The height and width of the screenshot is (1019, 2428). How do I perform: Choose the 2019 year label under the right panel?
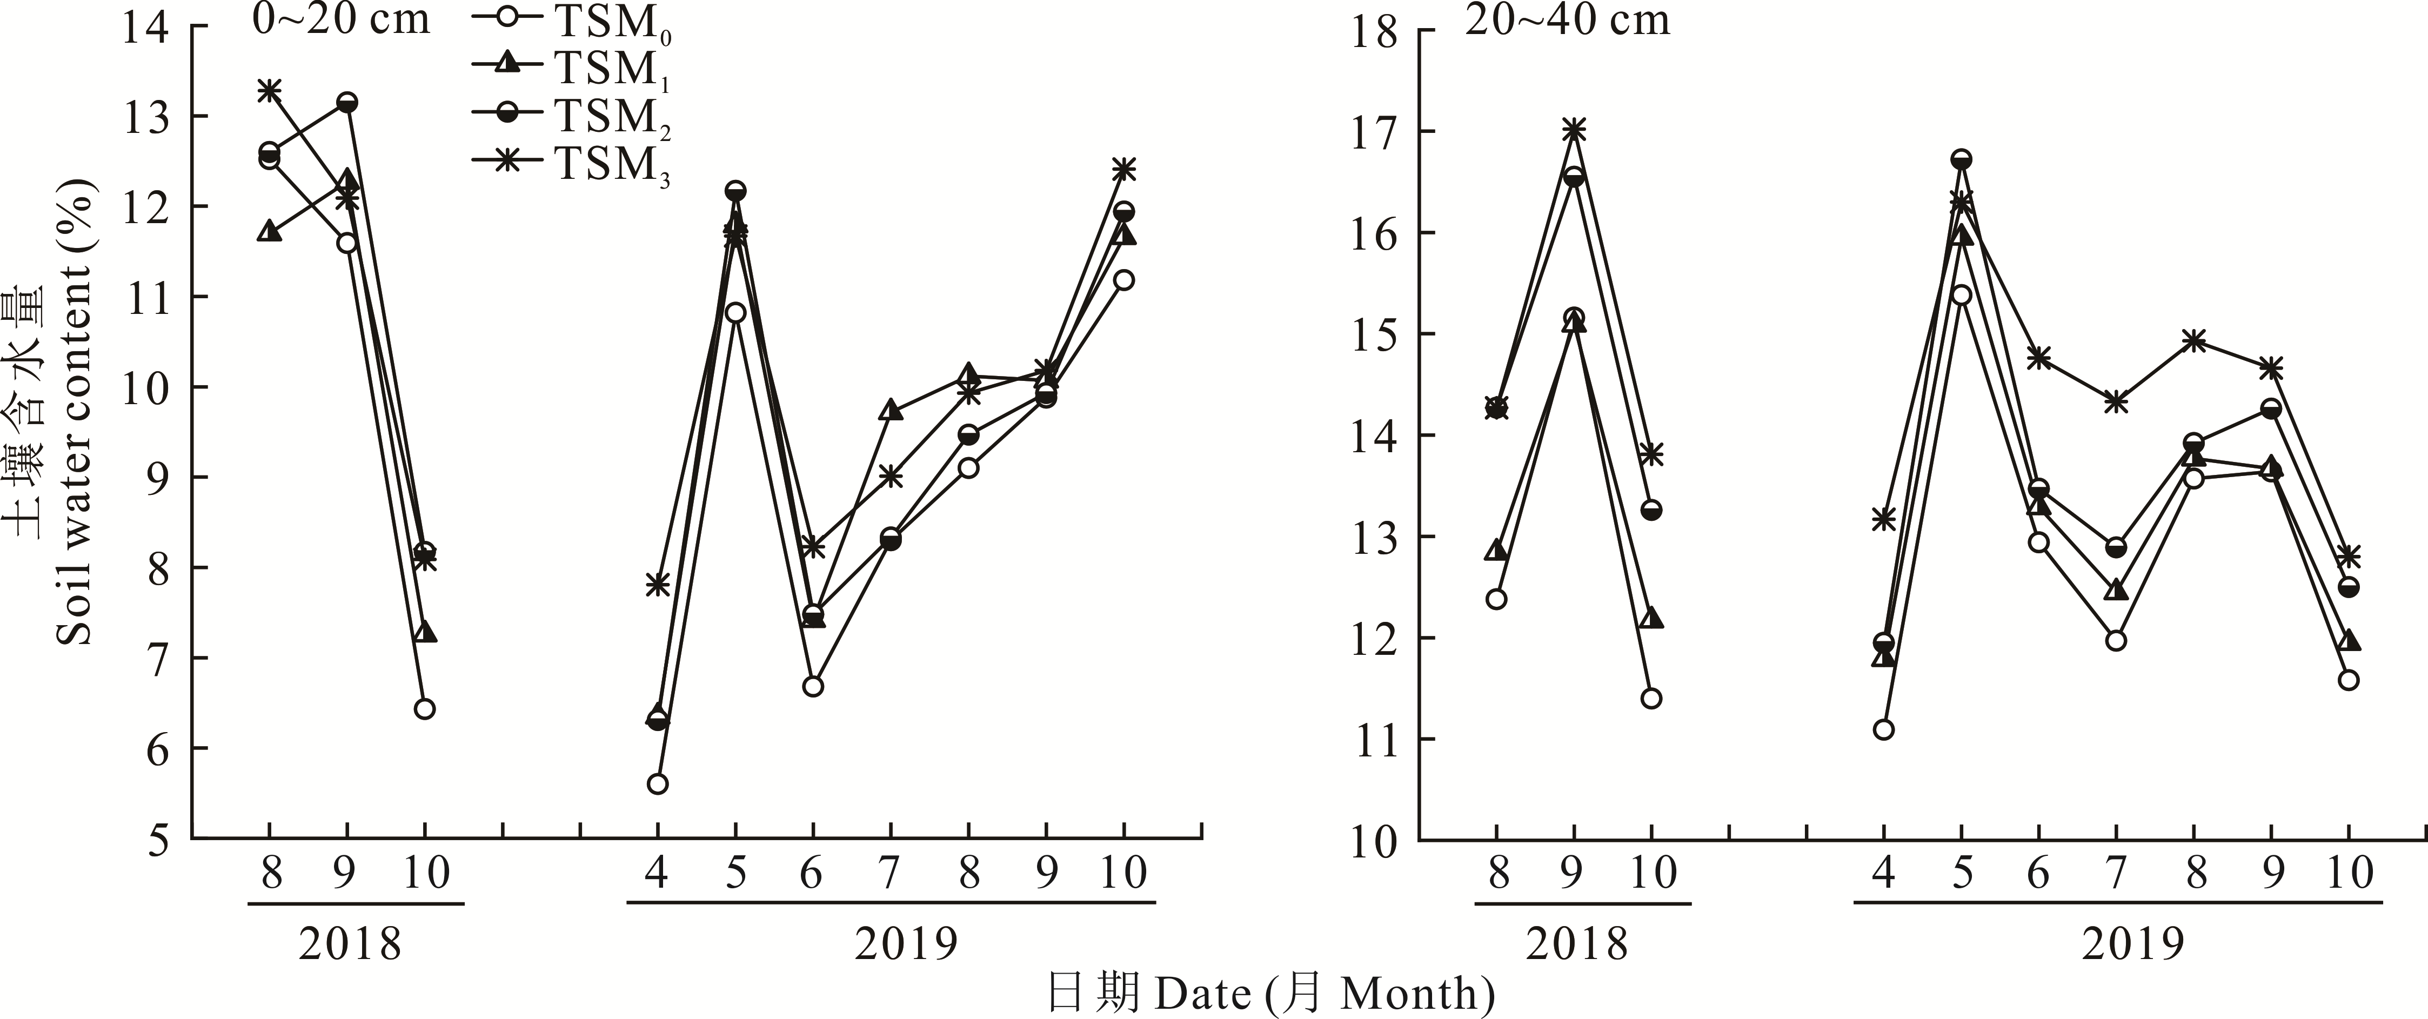[2132, 943]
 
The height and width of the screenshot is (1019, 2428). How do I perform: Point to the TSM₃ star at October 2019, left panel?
[1123, 170]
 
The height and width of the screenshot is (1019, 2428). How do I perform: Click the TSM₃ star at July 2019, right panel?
[2116, 401]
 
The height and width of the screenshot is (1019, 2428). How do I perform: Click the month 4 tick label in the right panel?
[1883, 874]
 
